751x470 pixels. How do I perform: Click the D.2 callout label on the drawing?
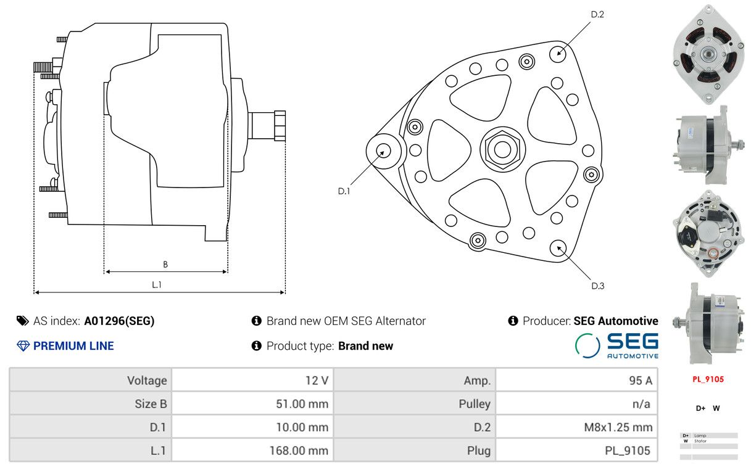[597, 14]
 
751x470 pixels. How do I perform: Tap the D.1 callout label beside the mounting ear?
[344, 192]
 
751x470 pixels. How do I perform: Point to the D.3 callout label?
[597, 286]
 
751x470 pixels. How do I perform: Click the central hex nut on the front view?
[502, 149]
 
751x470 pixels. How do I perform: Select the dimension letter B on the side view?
[165, 265]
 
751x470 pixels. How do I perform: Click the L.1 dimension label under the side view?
[157, 284]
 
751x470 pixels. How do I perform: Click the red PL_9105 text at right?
[707, 379]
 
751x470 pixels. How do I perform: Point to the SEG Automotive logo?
[616, 345]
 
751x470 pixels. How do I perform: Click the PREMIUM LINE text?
[73, 346]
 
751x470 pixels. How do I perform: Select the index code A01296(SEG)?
[119, 321]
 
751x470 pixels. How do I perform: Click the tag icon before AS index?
[23, 321]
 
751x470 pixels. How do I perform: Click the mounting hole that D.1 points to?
[383, 150]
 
